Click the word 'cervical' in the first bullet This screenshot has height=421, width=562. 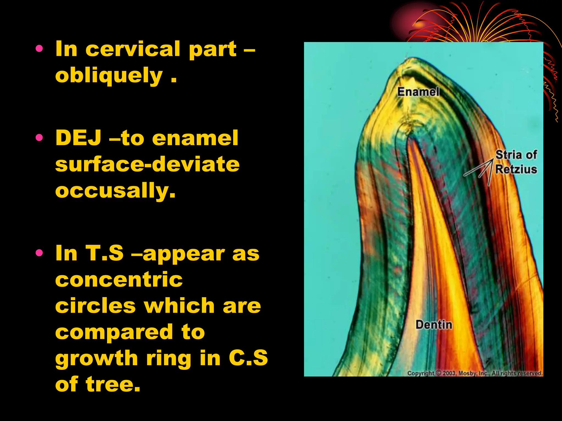click(133, 49)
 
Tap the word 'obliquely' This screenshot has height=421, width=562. click(109, 76)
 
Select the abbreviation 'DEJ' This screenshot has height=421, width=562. click(78, 138)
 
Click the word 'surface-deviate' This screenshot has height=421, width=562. click(147, 164)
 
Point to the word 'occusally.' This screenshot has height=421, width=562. click(115, 190)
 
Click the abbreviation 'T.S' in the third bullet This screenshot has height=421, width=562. click(105, 253)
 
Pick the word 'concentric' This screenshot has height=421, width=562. click(119, 280)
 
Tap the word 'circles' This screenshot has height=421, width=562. click(95, 306)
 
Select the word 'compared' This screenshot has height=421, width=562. click(114, 332)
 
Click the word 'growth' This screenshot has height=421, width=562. click(97, 358)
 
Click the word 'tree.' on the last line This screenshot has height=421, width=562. click(113, 384)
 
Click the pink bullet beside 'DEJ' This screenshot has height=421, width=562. click(39, 138)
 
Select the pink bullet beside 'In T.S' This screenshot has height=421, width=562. click(39, 253)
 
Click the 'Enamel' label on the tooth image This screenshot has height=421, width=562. click(418, 92)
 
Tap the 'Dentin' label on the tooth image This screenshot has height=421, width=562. click(434, 325)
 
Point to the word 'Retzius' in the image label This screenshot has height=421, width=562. click(516, 169)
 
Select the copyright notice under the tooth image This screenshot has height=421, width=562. click(474, 373)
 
